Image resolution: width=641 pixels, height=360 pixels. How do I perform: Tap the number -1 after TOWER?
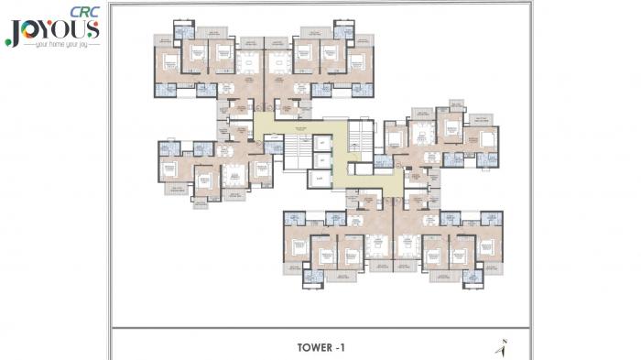click(339, 347)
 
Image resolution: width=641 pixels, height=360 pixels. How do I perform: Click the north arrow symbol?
click(502, 347)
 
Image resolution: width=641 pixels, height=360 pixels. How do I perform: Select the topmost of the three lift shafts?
click(321, 143)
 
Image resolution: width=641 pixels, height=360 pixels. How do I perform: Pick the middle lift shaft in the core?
click(321, 160)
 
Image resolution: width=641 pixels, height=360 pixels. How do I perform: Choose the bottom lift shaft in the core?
click(320, 179)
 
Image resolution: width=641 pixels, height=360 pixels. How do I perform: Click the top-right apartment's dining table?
click(278, 61)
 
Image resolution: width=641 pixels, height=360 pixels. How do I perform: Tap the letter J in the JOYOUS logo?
click(12, 30)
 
